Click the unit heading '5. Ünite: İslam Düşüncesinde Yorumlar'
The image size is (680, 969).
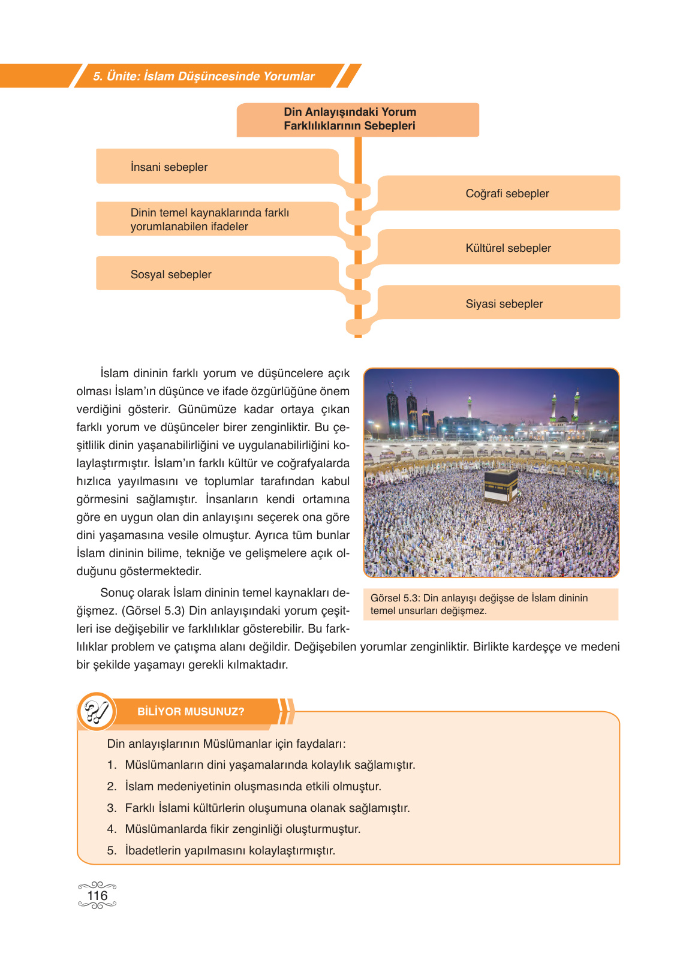(203, 76)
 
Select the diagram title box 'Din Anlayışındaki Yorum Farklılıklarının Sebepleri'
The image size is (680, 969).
(357, 119)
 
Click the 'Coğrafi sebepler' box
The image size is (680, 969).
(507, 193)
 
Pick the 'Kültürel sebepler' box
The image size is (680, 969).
(508, 248)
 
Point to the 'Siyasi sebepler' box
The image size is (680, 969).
(504, 303)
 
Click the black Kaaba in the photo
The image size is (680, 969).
(501, 486)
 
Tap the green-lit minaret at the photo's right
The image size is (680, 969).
(576, 405)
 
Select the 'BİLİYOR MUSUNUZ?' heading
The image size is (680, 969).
(191, 712)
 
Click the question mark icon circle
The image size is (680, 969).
(96, 712)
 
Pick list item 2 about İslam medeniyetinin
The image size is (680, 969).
(252, 786)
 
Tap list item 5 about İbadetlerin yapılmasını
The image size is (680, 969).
(230, 850)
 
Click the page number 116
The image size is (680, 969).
(97, 896)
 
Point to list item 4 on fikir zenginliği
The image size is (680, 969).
(242, 829)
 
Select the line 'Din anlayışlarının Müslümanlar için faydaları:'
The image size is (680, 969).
(226, 744)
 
